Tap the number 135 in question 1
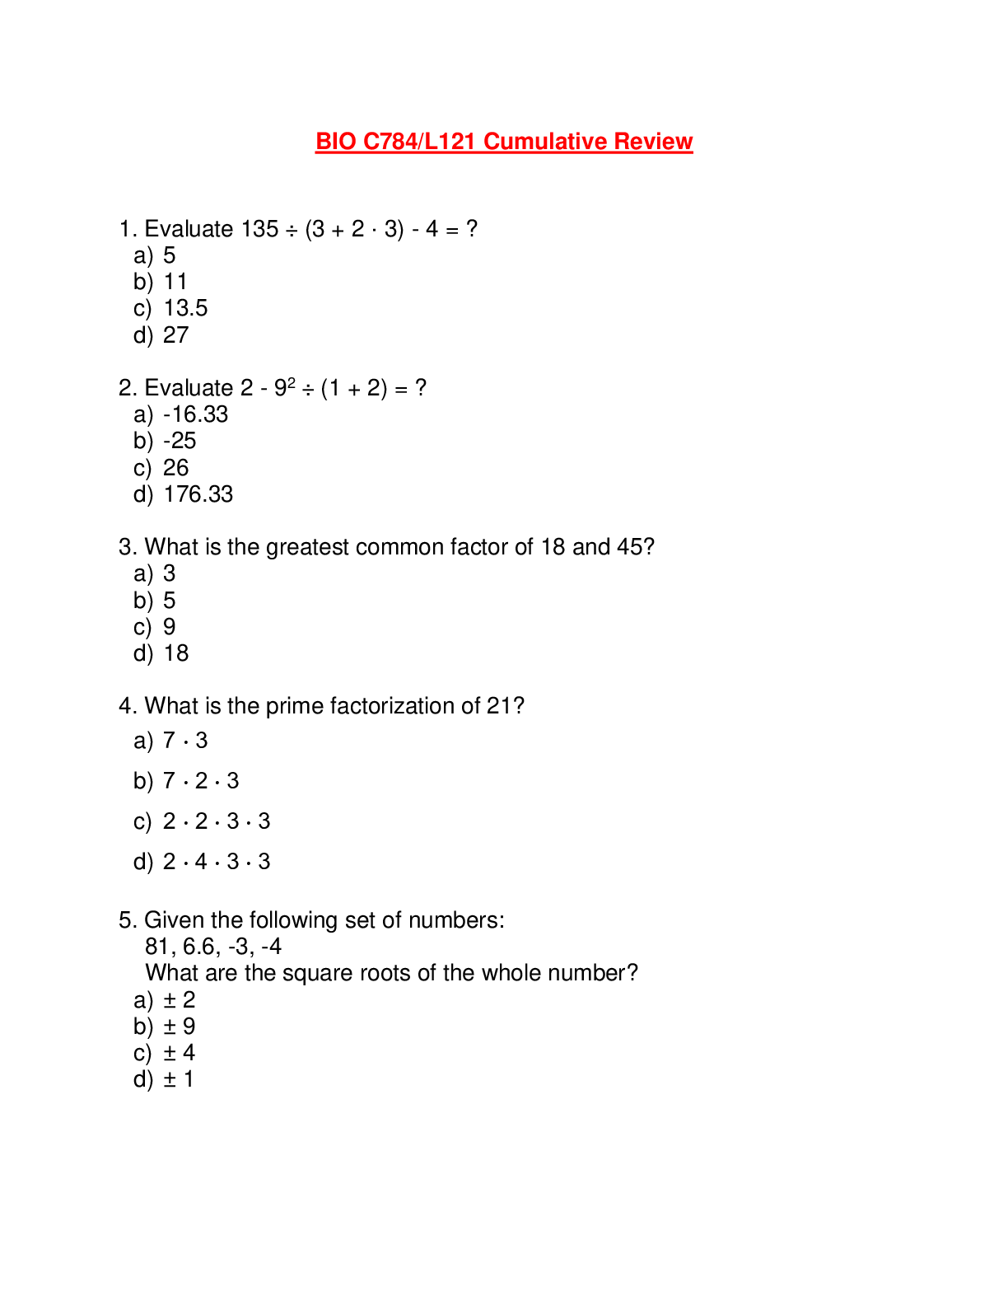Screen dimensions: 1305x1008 click(259, 229)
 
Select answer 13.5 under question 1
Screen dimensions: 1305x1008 click(185, 308)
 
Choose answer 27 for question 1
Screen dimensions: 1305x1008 click(176, 335)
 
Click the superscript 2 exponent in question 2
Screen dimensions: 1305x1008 click(292, 382)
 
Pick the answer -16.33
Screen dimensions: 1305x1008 click(196, 414)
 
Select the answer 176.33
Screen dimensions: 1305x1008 click(198, 494)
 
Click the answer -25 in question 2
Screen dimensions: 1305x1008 click(180, 441)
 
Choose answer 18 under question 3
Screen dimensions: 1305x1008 click(176, 653)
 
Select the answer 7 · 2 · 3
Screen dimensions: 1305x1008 click(201, 781)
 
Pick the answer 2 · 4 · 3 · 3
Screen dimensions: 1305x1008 click(217, 862)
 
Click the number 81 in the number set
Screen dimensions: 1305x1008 click(157, 947)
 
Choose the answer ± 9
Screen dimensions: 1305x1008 click(180, 1027)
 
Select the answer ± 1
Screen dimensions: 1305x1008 click(179, 1079)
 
